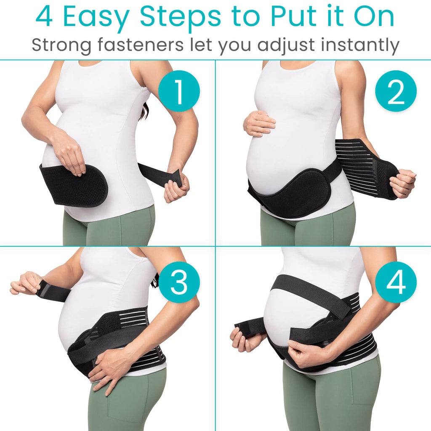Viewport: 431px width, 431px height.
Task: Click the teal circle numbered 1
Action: coord(179,91)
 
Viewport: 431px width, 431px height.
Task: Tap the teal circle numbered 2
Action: coord(396,91)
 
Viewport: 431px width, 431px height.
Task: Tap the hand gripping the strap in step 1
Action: coord(176,185)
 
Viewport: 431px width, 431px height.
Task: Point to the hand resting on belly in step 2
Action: coord(259,123)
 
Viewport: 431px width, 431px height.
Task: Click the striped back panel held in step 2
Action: coord(362,166)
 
